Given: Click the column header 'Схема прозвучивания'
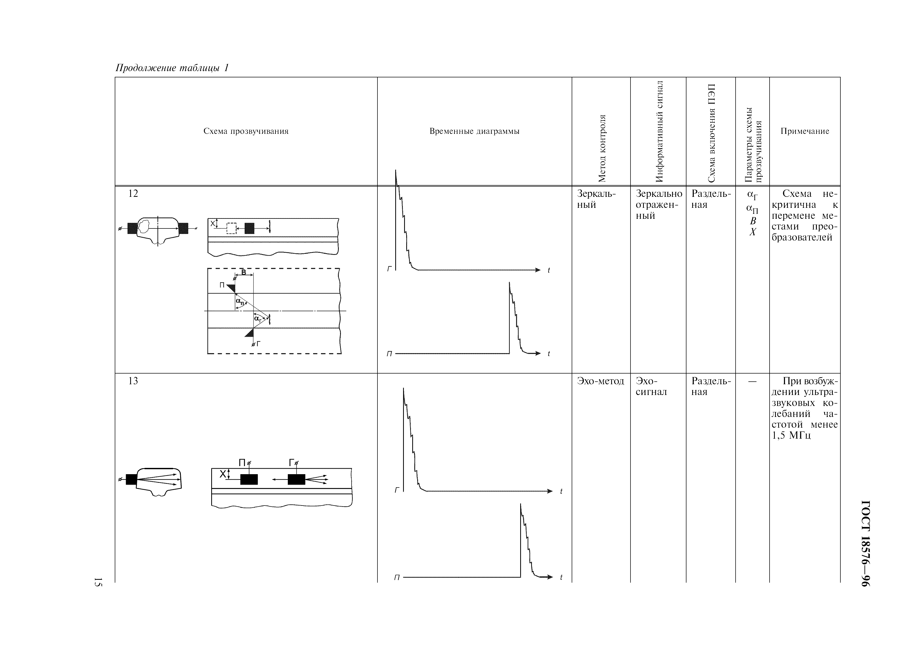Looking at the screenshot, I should (246, 131).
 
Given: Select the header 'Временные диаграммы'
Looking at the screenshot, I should (474, 131).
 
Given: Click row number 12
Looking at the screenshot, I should (133, 194).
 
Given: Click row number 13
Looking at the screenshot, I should (133, 381).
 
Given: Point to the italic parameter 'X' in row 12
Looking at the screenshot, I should (753, 232).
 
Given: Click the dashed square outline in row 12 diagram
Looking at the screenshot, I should (231, 228).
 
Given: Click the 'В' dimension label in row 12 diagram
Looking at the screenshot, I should (244, 273).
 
